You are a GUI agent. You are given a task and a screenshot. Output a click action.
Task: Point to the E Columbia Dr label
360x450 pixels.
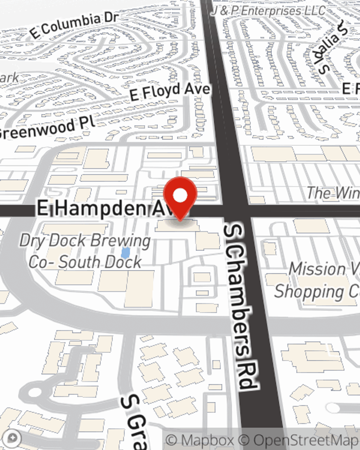74,25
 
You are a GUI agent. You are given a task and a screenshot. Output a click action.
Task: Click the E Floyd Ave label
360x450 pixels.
170,91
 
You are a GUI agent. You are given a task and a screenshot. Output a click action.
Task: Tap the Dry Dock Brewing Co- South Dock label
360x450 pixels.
85,251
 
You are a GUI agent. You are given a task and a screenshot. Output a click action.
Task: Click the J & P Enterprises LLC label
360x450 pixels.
268,11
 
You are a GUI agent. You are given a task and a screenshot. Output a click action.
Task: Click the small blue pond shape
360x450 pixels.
125,253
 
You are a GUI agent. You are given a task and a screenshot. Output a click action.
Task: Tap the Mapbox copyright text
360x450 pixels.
200,440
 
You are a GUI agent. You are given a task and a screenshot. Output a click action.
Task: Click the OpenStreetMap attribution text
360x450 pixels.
306,440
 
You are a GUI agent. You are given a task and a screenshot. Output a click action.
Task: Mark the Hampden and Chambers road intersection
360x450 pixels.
236,211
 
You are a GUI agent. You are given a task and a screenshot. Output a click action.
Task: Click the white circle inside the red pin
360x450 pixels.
180,196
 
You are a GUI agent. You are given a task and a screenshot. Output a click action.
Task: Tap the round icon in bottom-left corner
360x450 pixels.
13,438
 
